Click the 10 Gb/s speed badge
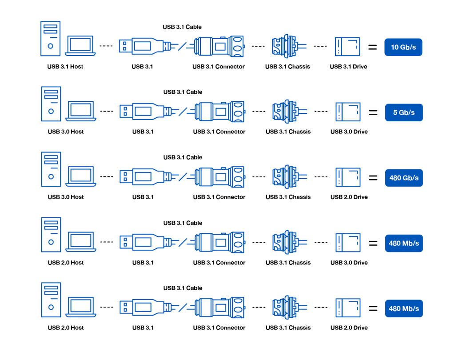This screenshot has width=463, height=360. click(x=403, y=47)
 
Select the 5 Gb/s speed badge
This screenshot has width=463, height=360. click(x=403, y=112)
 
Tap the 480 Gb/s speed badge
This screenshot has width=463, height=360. click(x=403, y=178)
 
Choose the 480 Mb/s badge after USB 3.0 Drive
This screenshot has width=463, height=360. click(x=403, y=243)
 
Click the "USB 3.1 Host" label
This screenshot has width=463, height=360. click(x=65, y=67)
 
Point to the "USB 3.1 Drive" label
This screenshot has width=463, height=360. click(x=348, y=67)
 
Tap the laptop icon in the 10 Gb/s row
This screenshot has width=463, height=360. click(x=80, y=46)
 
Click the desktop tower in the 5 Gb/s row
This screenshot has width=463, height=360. click(x=51, y=104)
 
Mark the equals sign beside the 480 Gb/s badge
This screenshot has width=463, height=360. click(x=373, y=178)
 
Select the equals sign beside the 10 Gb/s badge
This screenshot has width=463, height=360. click(x=373, y=47)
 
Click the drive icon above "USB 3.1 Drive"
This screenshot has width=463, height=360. click(x=347, y=46)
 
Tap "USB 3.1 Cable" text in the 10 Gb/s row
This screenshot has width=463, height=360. click(x=182, y=27)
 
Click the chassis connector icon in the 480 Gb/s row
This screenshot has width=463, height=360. click(x=284, y=176)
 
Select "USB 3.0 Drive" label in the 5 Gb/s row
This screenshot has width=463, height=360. click(x=349, y=132)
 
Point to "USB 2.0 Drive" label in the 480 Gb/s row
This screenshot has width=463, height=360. click(x=349, y=197)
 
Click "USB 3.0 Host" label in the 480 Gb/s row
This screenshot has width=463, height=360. click(x=66, y=197)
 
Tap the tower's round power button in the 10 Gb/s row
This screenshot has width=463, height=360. click(x=51, y=46)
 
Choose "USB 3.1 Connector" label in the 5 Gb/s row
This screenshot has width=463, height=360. click(x=219, y=132)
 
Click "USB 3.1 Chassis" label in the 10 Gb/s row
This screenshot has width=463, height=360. click(x=287, y=67)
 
